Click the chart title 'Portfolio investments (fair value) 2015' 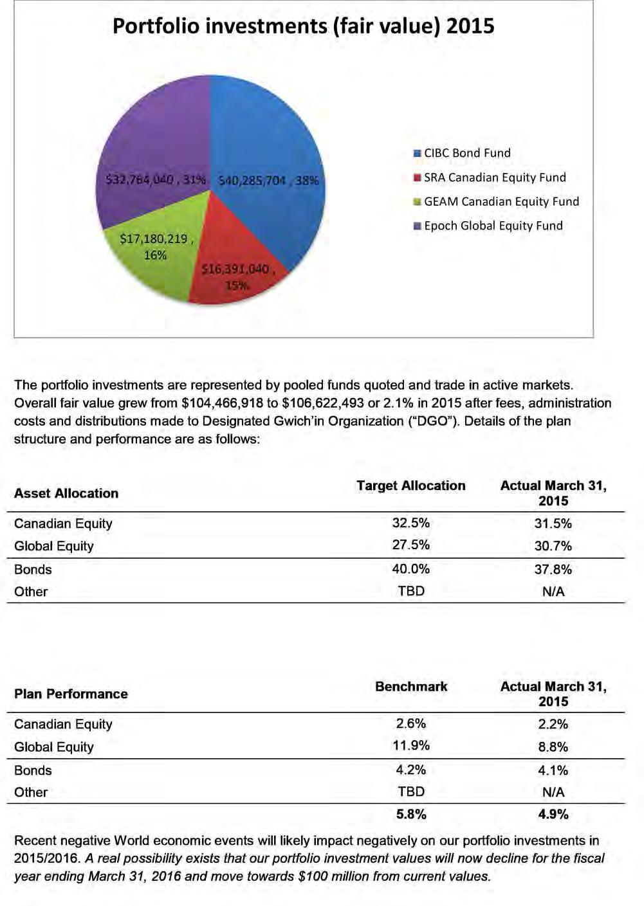[303, 26]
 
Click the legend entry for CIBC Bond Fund [466, 153]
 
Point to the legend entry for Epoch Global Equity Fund [492, 226]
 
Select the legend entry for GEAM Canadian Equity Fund [501, 201]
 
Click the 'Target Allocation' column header [411, 485]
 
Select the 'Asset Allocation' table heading [66, 493]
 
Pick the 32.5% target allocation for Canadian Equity [411, 523]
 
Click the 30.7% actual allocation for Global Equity [553, 546]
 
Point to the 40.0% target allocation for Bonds [411, 569]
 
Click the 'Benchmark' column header [411, 686]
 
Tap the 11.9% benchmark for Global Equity [411, 745]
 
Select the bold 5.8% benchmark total [411, 814]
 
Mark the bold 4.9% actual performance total [553, 814]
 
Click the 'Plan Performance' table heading [71, 694]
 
